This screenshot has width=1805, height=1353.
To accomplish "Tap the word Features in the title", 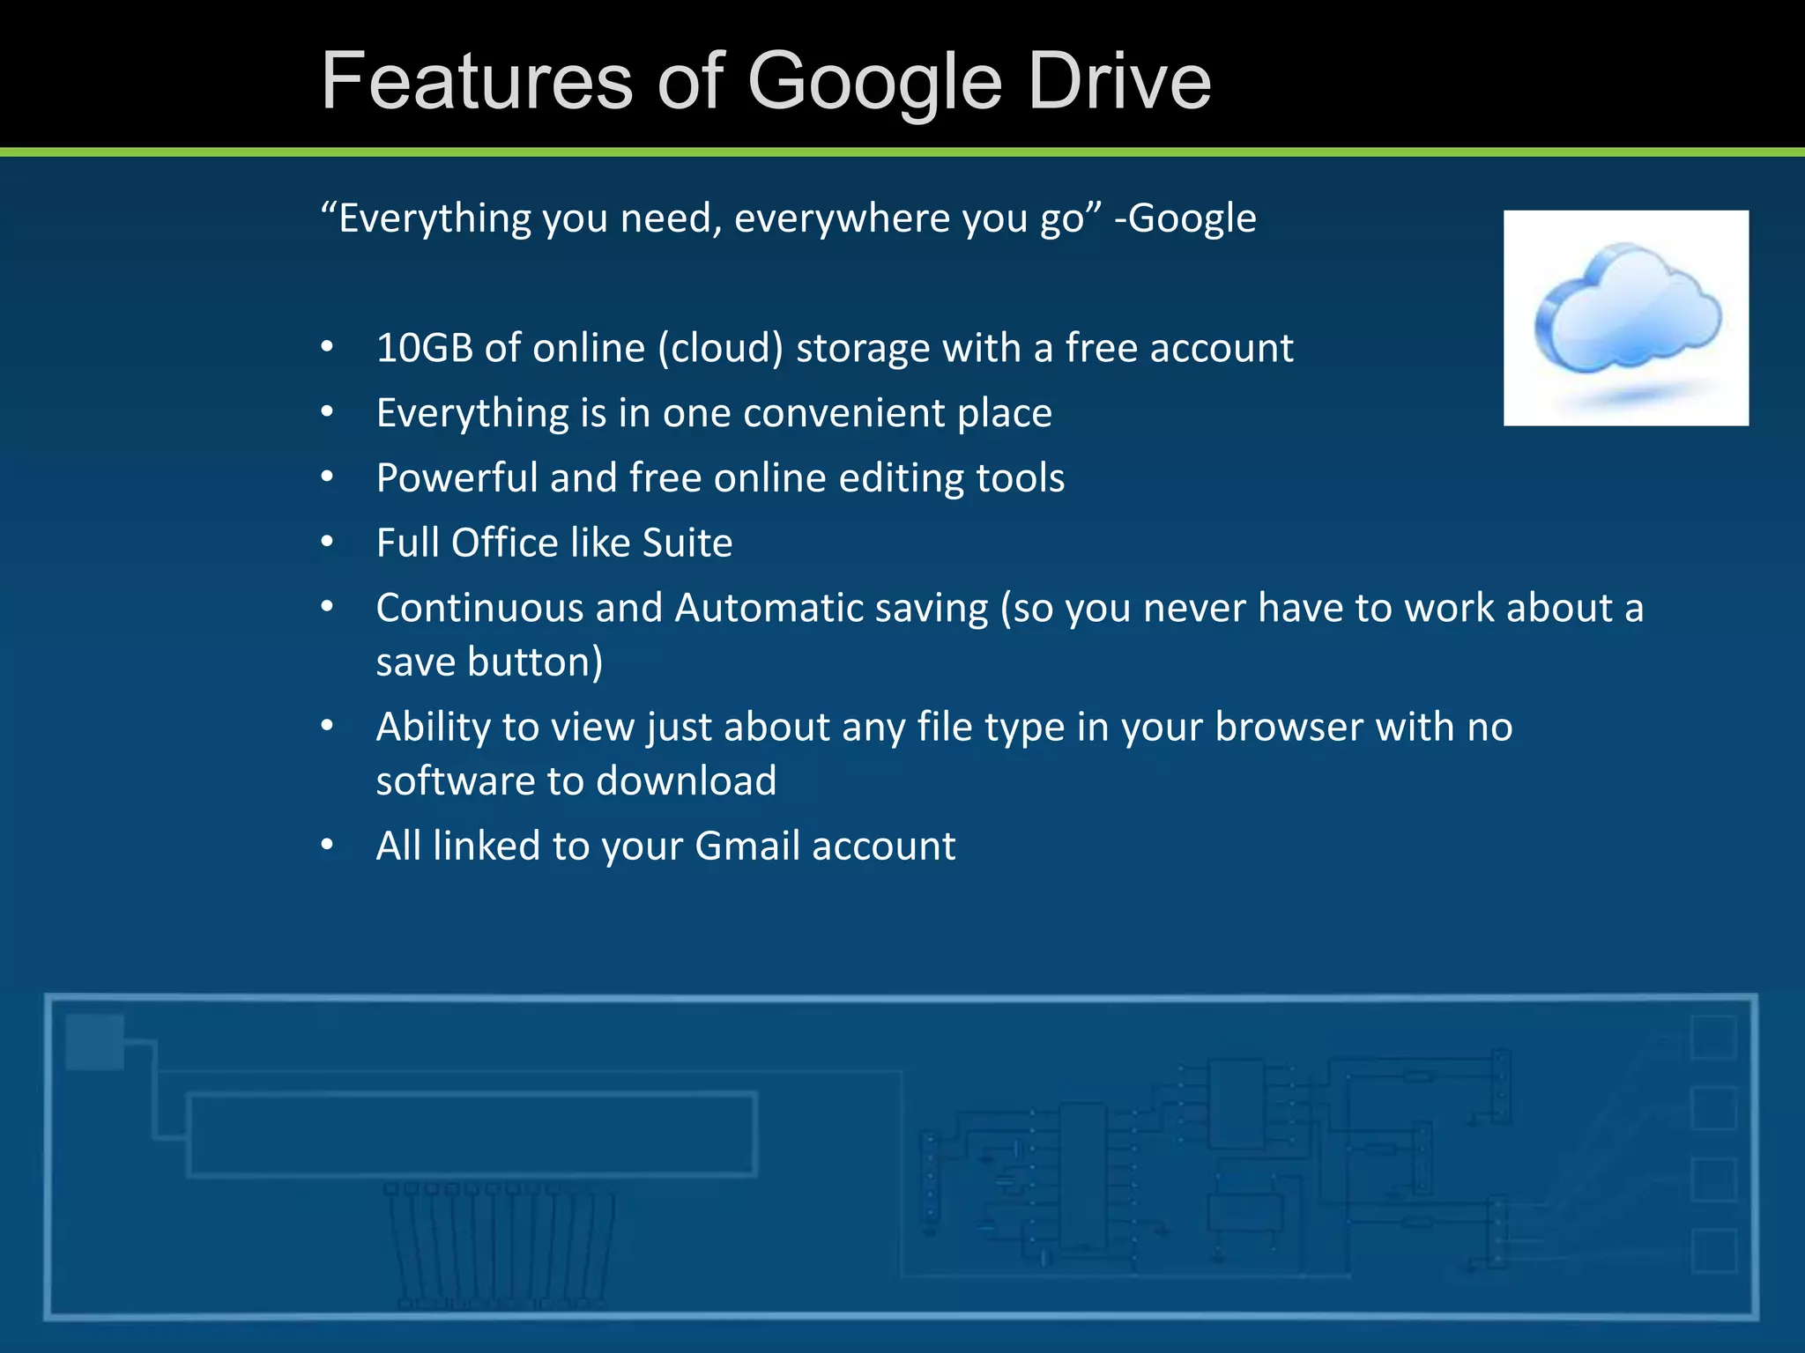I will (477, 81).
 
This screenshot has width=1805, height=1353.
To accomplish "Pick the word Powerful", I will (457, 478).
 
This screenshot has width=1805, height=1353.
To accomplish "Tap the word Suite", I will (687, 543).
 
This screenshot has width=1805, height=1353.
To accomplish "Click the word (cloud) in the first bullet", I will (720, 348).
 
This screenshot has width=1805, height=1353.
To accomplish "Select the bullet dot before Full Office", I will (328, 543).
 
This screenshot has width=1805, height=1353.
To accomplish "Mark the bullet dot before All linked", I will (328, 846).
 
